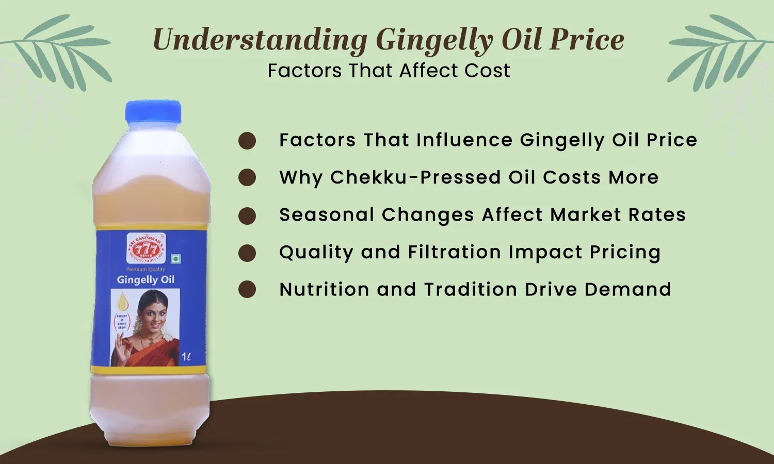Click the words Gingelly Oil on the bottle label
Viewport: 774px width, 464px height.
pos(146,280)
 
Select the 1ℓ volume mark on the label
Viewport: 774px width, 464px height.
pos(186,356)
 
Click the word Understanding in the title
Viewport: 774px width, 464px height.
pos(260,40)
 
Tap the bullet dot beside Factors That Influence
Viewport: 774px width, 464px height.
pos(247,141)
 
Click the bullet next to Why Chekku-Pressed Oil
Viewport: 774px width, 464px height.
pos(247,178)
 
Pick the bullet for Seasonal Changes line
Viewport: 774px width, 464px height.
pos(247,216)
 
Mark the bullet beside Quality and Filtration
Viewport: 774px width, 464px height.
pos(247,253)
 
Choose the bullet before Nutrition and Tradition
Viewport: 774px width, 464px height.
pos(247,290)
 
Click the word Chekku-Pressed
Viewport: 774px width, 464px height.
pos(416,177)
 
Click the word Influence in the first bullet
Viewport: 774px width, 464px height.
pos(464,140)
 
